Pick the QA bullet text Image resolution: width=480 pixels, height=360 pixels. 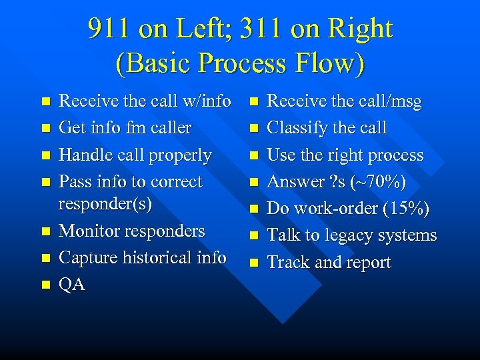click(72, 284)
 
